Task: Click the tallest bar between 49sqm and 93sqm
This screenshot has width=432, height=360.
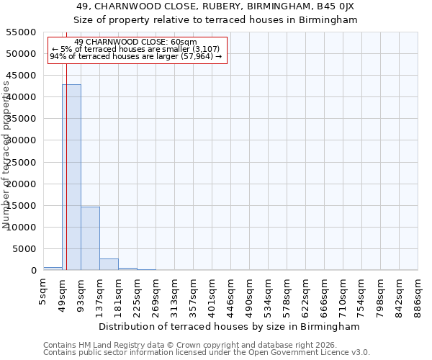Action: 71,177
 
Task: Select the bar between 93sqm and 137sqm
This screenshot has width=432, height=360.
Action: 90,238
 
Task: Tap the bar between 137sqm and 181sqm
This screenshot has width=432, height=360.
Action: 109,264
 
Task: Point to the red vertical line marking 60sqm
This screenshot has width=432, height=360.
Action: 66,166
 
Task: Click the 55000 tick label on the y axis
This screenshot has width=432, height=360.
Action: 22,32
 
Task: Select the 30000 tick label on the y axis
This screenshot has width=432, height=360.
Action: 22,140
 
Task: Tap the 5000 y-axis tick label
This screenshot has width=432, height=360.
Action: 24,249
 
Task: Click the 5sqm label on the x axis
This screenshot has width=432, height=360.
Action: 43,293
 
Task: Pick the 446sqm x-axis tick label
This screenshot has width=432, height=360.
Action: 230,296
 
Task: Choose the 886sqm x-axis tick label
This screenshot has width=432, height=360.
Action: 418,296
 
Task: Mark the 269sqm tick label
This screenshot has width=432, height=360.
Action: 156,296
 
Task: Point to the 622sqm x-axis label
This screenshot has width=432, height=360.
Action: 305,296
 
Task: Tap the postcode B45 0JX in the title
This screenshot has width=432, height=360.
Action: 336,6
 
